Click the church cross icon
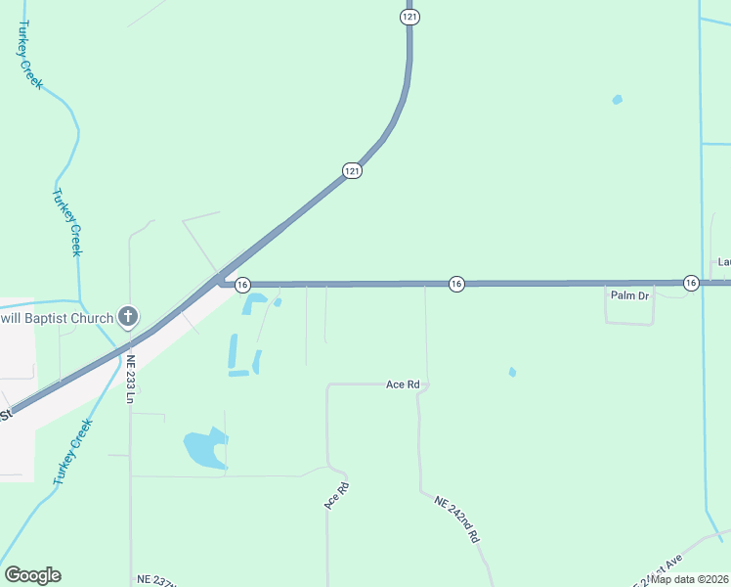click(x=127, y=317)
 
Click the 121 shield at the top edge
click(x=409, y=17)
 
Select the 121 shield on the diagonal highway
click(x=353, y=170)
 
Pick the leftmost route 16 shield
click(x=242, y=283)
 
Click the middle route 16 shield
click(x=455, y=283)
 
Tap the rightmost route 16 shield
click(x=690, y=283)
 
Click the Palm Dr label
click(x=630, y=295)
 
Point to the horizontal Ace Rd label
click(x=403, y=385)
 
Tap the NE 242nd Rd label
click(x=456, y=519)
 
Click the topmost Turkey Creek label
click(x=30, y=56)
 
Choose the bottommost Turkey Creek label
click(x=73, y=453)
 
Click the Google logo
click(x=33, y=575)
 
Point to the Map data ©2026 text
click(x=690, y=579)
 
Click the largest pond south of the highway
click(x=202, y=449)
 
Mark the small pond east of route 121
click(x=617, y=99)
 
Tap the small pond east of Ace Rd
click(x=512, y=372)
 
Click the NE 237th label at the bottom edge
click(x=157, y=579)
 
